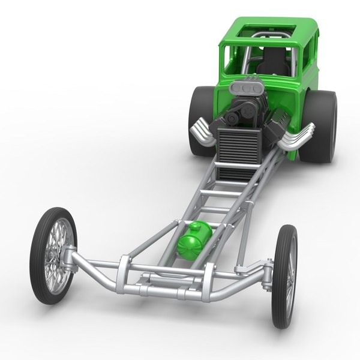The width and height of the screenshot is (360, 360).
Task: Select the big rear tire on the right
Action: tap(318, 126)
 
